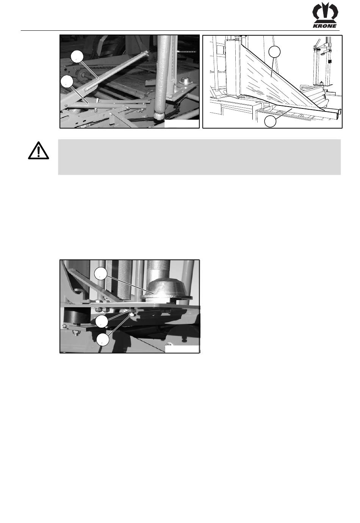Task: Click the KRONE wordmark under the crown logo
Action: point(324,26)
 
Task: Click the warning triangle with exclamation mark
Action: point(39,151)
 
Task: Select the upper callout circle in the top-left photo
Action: point(77,57)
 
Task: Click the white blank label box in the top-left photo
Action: point(182,124)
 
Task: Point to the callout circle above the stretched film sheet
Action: point(274,52)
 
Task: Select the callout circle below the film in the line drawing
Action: point(270,121)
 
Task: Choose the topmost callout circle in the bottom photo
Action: point(100,273)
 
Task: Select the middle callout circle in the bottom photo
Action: point(102,321)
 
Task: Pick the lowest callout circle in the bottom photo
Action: point(103,339)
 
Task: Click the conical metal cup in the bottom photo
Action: point(167,289)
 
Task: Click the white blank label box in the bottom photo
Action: point(182,349)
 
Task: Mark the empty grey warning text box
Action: point(199,157)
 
